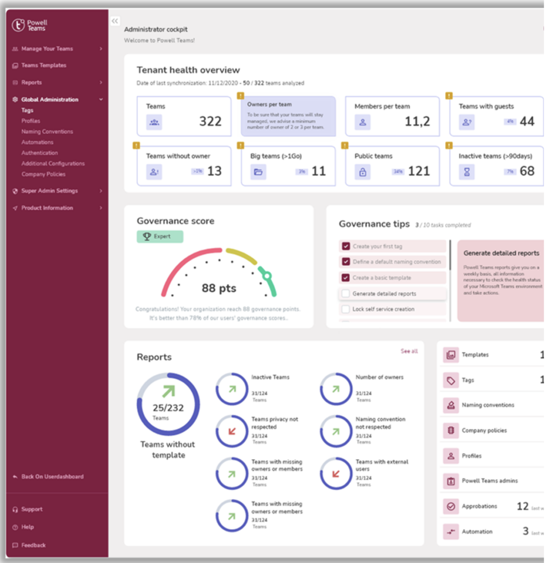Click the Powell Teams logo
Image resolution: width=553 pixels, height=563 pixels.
pyautogui.click(x=29, y=25)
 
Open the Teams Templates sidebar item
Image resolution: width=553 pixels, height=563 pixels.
pyautogui.click(x=43, y=65)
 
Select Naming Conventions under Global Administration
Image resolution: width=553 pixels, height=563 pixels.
pyautogui.click(x=47, y=131)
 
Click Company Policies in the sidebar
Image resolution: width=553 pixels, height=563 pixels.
pyautogui.click(x=43, y=174)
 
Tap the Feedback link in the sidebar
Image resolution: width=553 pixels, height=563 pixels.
pyautogui.click(x=33, y=545)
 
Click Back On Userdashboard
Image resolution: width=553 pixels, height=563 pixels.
pyautogui.click(x=52, y=476)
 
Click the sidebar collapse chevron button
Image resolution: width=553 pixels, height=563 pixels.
pyautogui.click(x=115, y=21)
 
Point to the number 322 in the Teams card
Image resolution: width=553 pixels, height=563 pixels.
pyautogui.click(x=210, y=122)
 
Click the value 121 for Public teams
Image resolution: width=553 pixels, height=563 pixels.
pyautogui.click(x=419, y=171)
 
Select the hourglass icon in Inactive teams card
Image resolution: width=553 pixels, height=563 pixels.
pyautogui.click(x=467, y=172)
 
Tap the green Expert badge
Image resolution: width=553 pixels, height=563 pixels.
pyautogui.click(x=159, y=236)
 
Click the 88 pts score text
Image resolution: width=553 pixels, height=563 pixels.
pyautogui.click(x=219, y=288)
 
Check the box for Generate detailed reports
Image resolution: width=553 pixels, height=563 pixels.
pyautogui.click(x=346, y=294)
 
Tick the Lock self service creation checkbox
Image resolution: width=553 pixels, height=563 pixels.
pyautogui.click(x=346, y=309)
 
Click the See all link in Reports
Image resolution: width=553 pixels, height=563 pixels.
pyautogui.click(x=409, y=351)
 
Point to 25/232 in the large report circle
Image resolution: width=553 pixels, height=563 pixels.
pyautogui.click(x=168, y=408)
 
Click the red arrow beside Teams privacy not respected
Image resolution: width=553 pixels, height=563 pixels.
pyautogui.click(x=232, y=431)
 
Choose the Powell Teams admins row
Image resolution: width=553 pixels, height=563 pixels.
pyautogui.click(x=490, y=481)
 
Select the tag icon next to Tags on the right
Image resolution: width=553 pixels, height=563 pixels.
pyautogui.click(x=451, y=380)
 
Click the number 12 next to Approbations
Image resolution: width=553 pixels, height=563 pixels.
pyautogui.click(x=523, y=506)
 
